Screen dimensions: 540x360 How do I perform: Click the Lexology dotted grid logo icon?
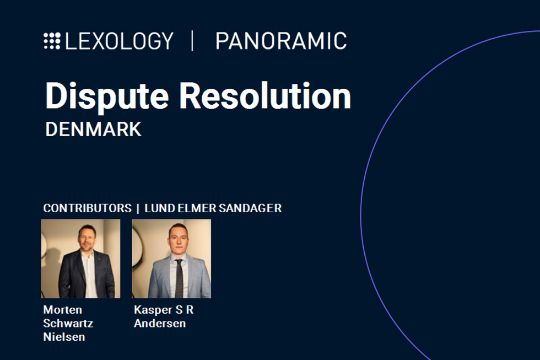coord(52,41)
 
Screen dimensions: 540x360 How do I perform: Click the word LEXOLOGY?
coord(119,41)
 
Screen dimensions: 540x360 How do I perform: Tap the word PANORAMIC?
coord(281,41)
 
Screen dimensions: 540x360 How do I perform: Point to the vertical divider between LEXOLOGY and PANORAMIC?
coord(192,41)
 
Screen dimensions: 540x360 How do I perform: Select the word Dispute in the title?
coord(107,96)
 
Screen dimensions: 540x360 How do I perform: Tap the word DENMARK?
coord(93,130)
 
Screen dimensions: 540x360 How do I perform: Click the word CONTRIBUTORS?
coord(88,208)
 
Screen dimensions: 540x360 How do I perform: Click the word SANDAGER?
coord(250,208)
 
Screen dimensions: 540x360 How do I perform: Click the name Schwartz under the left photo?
coord(68,324)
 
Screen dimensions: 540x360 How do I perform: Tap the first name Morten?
coord(63,310)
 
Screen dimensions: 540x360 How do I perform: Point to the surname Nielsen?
coord(64,337)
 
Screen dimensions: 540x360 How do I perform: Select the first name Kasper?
coord(153,310)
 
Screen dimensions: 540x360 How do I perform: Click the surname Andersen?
coord(160,324)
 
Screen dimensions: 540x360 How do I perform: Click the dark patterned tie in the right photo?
coord(179,278)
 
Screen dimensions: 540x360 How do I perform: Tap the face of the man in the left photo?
coord(87,238)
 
